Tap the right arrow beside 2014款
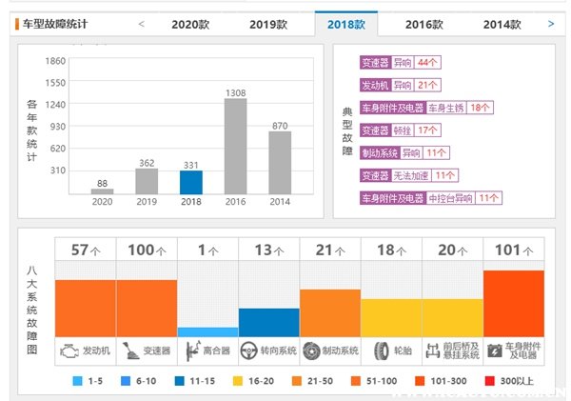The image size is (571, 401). tap(551, 23)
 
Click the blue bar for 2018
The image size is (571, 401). tap(191, 182)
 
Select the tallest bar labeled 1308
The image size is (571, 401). tap(236, 146)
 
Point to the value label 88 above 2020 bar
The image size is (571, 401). tap(102, 183)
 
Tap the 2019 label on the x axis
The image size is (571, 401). tap(147, 202)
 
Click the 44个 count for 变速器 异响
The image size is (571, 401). tap(427, 63)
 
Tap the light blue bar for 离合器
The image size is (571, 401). tap(207, 331)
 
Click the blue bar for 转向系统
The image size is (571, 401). tap(269, 322)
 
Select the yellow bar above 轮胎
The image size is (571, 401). tap(391, 317)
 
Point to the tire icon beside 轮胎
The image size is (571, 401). tap(381, 351)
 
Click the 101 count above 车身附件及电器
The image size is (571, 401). tap(508, 250)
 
